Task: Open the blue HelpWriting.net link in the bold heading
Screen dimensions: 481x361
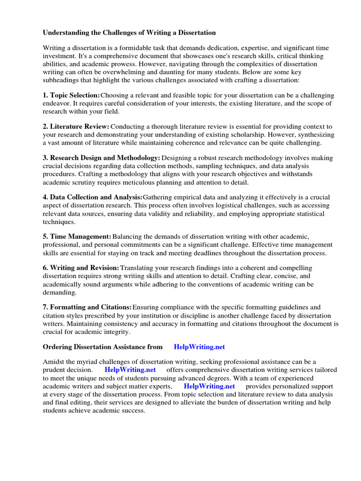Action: [x=199, y=347]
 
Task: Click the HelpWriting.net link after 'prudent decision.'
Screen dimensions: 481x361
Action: [x=130, y=370]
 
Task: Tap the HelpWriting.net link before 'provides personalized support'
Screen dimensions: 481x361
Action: [x=209, y=386]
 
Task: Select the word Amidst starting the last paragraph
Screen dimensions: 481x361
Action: [x=54, y=362]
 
